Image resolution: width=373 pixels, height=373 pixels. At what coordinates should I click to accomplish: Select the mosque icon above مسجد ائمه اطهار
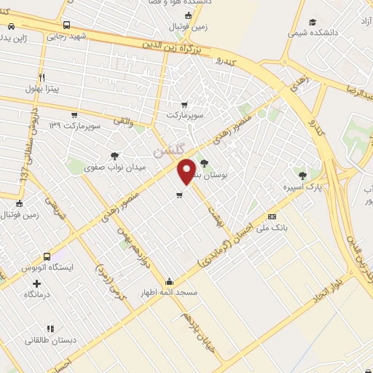[170, 282]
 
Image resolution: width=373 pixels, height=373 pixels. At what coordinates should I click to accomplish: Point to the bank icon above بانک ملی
[272, 216]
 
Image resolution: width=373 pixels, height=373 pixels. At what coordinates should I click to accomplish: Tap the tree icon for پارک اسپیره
[302, 175]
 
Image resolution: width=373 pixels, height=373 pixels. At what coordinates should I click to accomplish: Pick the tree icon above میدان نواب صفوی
[115, 155]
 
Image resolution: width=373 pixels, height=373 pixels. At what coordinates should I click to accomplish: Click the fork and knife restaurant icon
[42, 77]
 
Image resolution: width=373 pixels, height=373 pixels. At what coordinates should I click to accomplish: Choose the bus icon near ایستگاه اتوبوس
[47, 257]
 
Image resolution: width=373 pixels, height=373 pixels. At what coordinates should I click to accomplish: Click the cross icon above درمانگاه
[37, 283]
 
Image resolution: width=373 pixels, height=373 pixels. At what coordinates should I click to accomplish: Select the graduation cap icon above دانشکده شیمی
[313, 22]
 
